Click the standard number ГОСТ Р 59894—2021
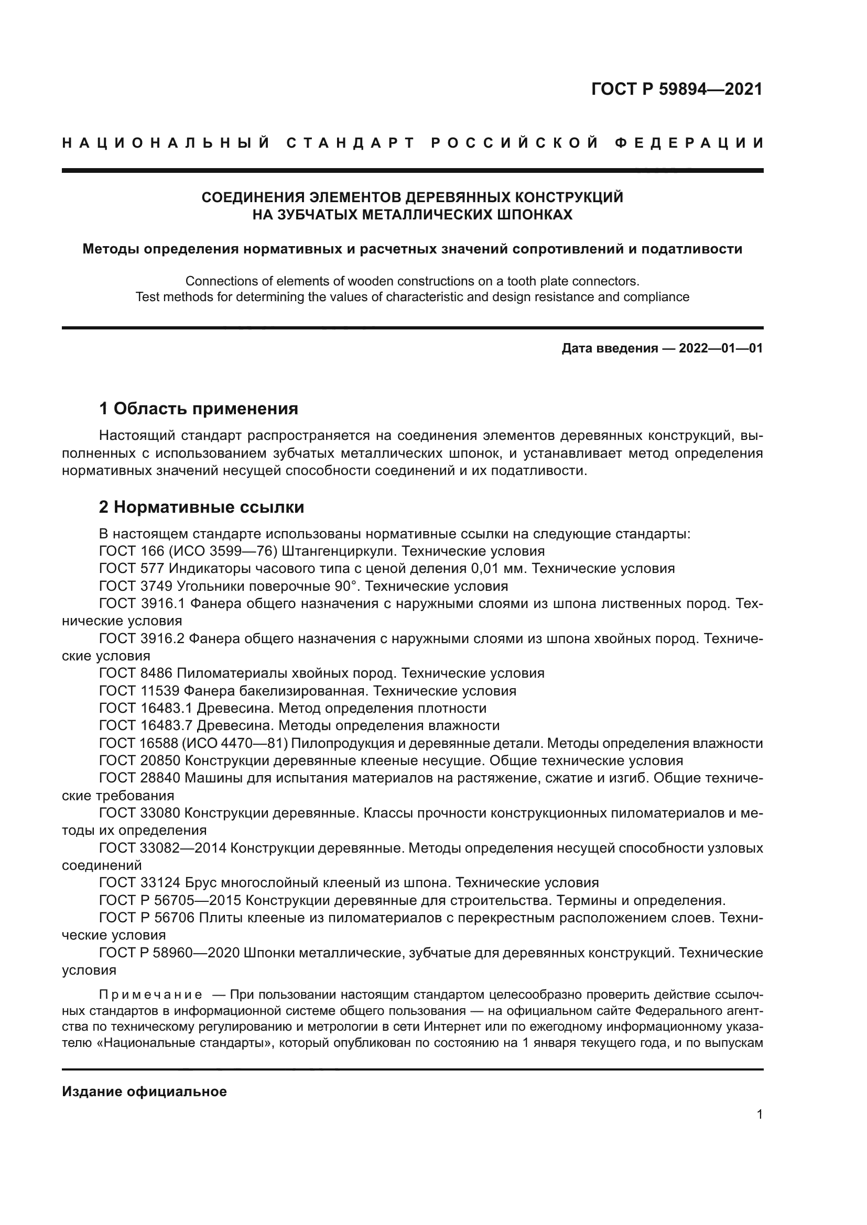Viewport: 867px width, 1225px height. [x=676, y=89]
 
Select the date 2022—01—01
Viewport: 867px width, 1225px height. [x=721, y=348]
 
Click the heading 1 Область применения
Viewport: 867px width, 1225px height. [x=198, y=409]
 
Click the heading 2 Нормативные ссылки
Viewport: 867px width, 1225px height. [x=201, y=507]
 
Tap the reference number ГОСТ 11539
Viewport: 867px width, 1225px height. [x=139, y=691]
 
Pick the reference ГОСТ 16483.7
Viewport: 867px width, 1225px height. [x=146, y=725]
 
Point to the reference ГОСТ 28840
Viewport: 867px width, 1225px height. [x=140, y=778]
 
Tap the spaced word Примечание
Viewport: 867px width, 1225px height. [x=150, y=995]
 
